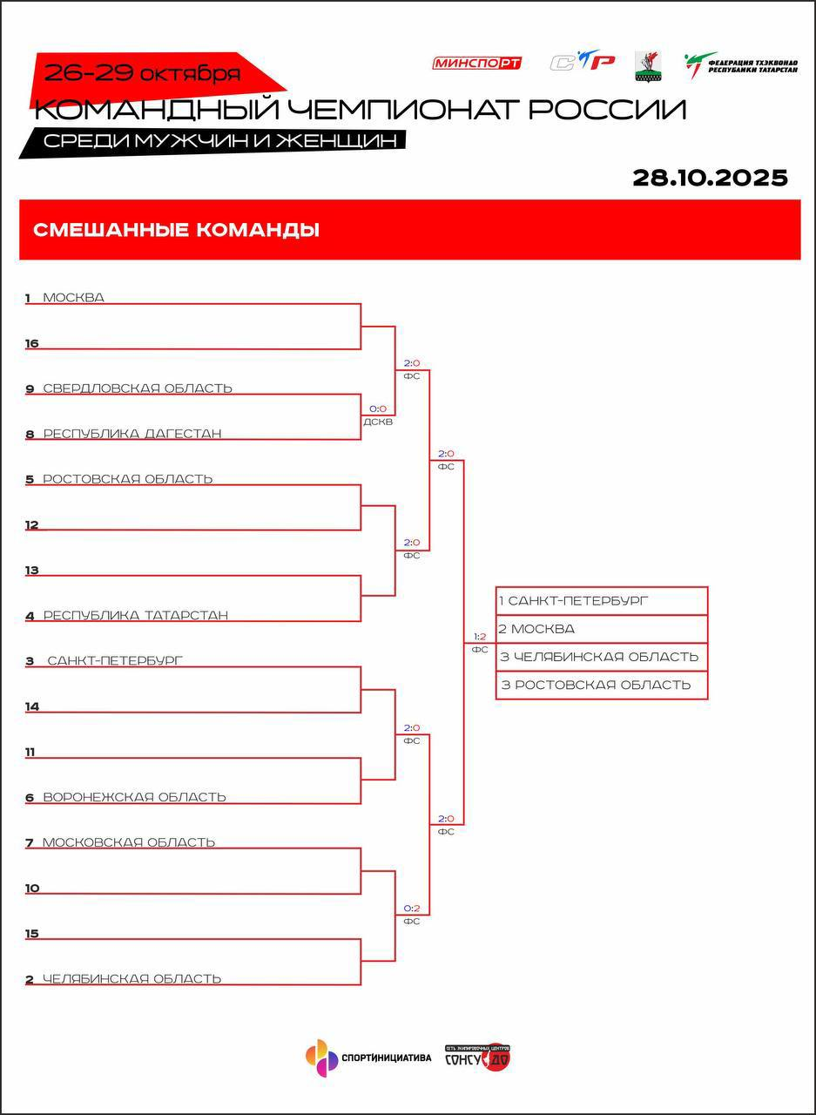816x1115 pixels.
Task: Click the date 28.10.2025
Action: (710, 178)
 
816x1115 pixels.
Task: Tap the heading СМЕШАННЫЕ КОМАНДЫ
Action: (176, 230)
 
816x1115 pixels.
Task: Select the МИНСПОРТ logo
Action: (476, 63)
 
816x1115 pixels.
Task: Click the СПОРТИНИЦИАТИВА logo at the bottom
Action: (368, 1058)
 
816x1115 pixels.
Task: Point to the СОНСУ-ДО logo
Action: (477, 1058)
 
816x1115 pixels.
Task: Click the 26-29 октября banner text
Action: (142, 73)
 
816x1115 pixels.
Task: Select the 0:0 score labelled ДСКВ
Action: (378, 409)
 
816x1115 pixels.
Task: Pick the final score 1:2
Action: (480, 637)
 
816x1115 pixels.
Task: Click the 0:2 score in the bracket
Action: (412, 909)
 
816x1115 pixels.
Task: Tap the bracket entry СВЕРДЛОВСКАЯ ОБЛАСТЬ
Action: (138, 389)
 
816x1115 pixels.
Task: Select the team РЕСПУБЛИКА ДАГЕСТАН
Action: (132, 434)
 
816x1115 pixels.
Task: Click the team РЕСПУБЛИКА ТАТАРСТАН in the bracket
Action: (136, 615)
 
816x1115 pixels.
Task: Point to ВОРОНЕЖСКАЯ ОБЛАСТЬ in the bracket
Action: (134, 796)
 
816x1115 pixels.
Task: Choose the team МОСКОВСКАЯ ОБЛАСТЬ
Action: (129, 842)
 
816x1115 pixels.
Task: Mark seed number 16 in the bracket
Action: (32, 344)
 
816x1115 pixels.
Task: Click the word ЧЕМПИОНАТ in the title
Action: (401, 110)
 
